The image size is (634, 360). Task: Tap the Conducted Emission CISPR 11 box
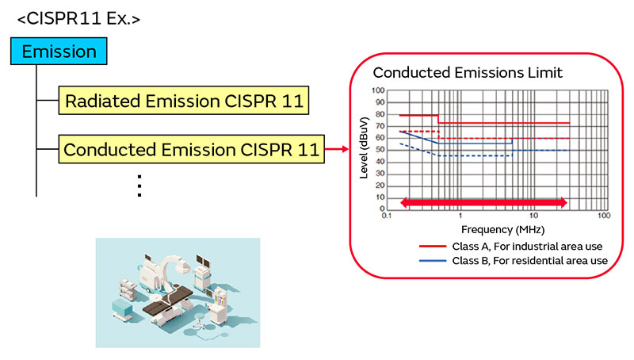click(191, 148)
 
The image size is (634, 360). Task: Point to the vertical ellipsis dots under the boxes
click(139, 184)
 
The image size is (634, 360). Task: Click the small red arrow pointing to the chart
click(337, 148)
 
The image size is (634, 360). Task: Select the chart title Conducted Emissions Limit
click(468, 73)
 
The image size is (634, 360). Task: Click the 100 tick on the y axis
click(377, 91)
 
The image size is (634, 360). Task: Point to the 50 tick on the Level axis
click(379, 150)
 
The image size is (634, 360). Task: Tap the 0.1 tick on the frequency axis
click(386, 216)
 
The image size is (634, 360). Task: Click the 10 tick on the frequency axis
click(533, 216)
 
